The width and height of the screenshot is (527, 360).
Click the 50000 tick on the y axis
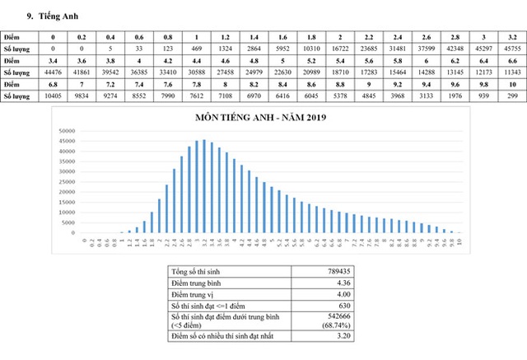coord(68,131)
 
